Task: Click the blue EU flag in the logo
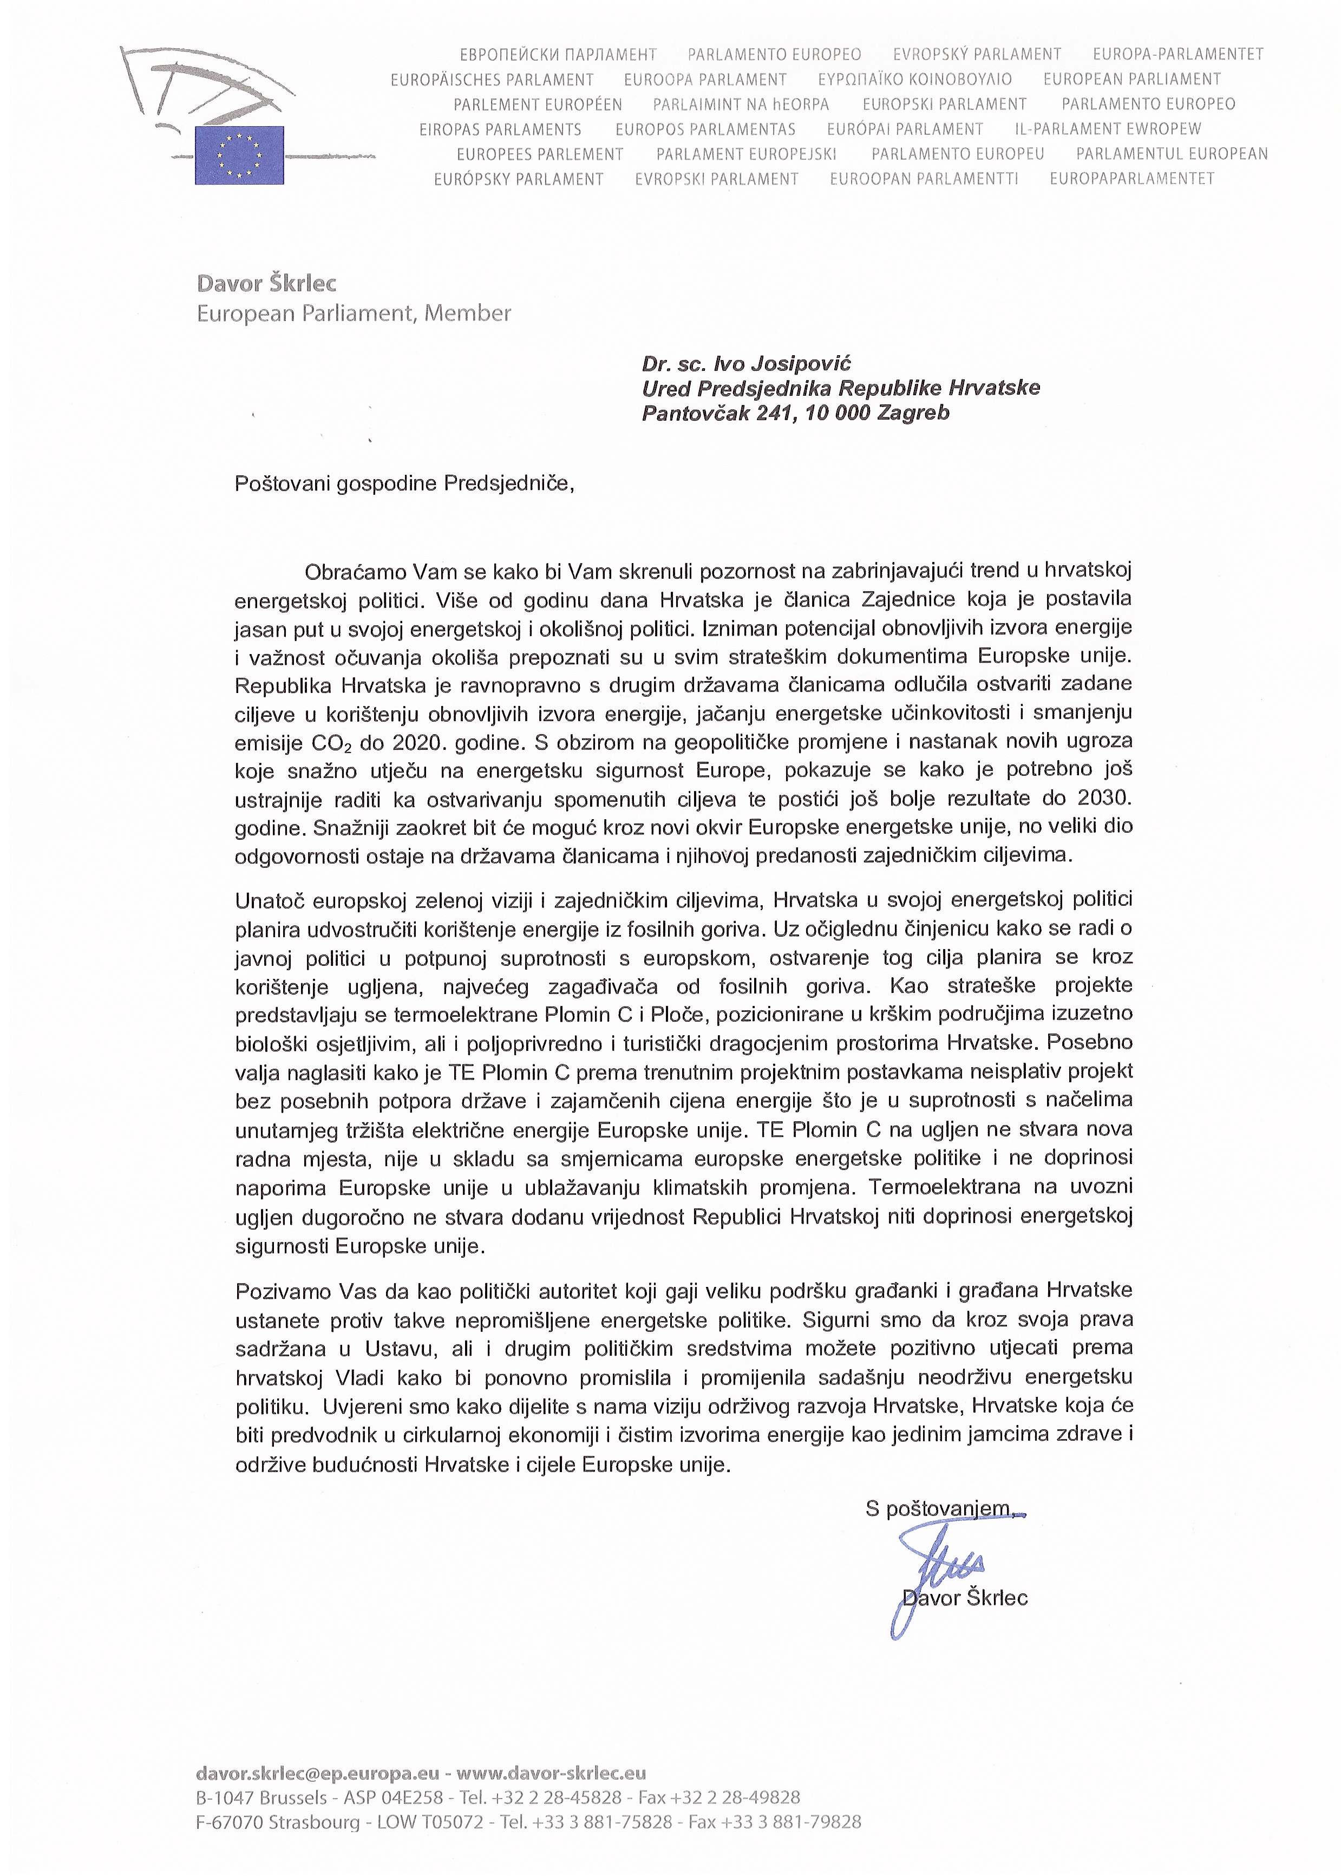(x=239, y=155)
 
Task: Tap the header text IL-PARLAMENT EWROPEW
(x=1107, y=129)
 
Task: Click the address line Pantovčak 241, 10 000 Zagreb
(x=795, y=413)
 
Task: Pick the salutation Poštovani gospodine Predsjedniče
(x=404, y=483)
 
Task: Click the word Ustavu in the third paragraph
(x=395, y=1348)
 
